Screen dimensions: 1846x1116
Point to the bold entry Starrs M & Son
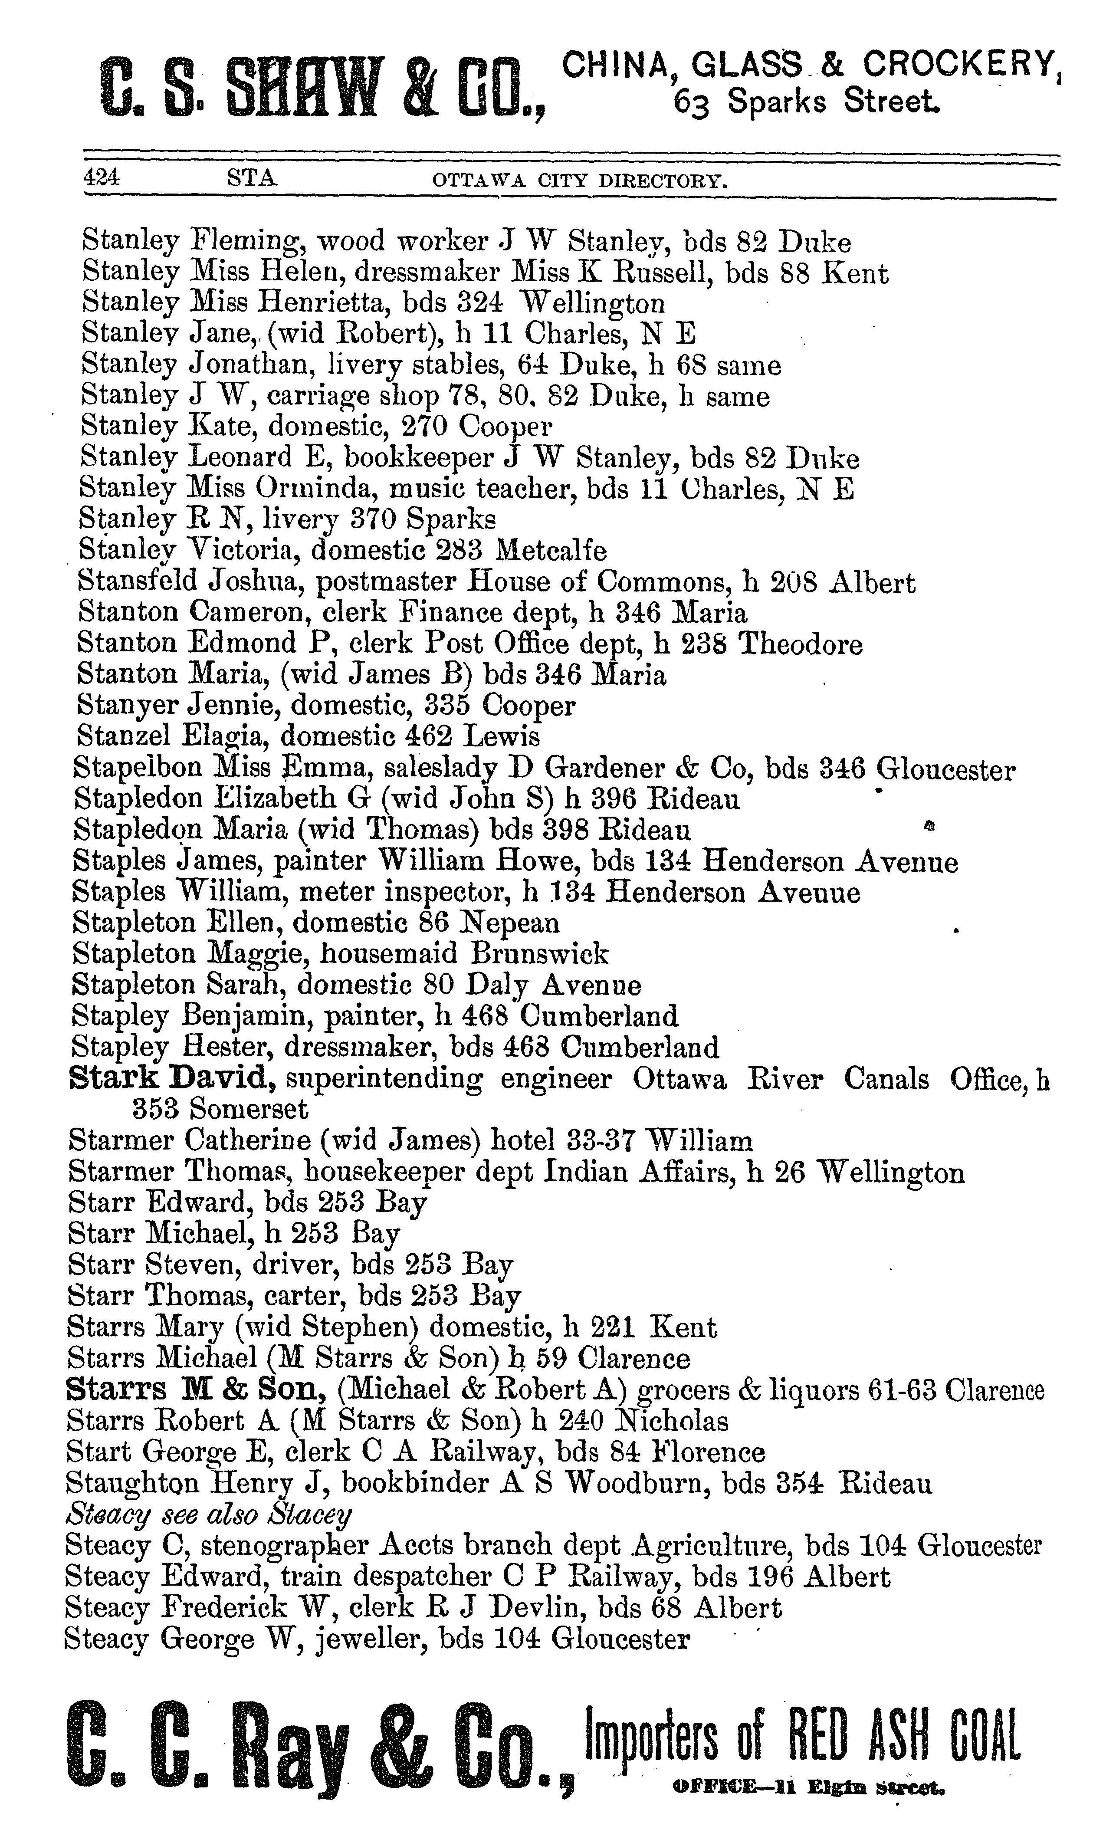[196, 1390]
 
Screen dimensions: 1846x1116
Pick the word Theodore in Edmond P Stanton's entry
[801, 644]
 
